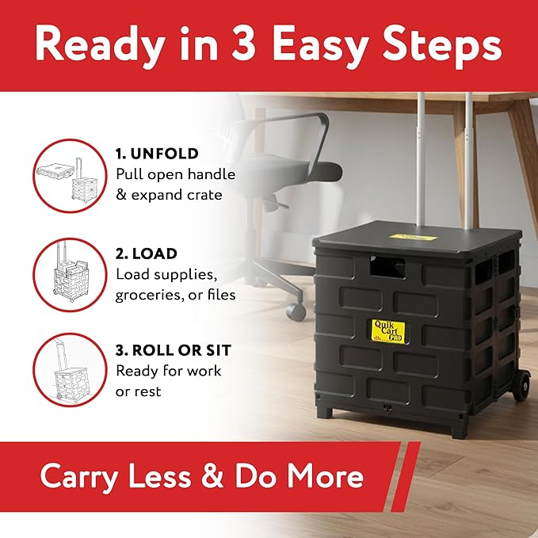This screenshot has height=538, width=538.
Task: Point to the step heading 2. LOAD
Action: tap(147, 254)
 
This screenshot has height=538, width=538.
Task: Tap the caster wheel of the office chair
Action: tap(297, 309)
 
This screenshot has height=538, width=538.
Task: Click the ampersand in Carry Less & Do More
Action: tap(208, 477)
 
